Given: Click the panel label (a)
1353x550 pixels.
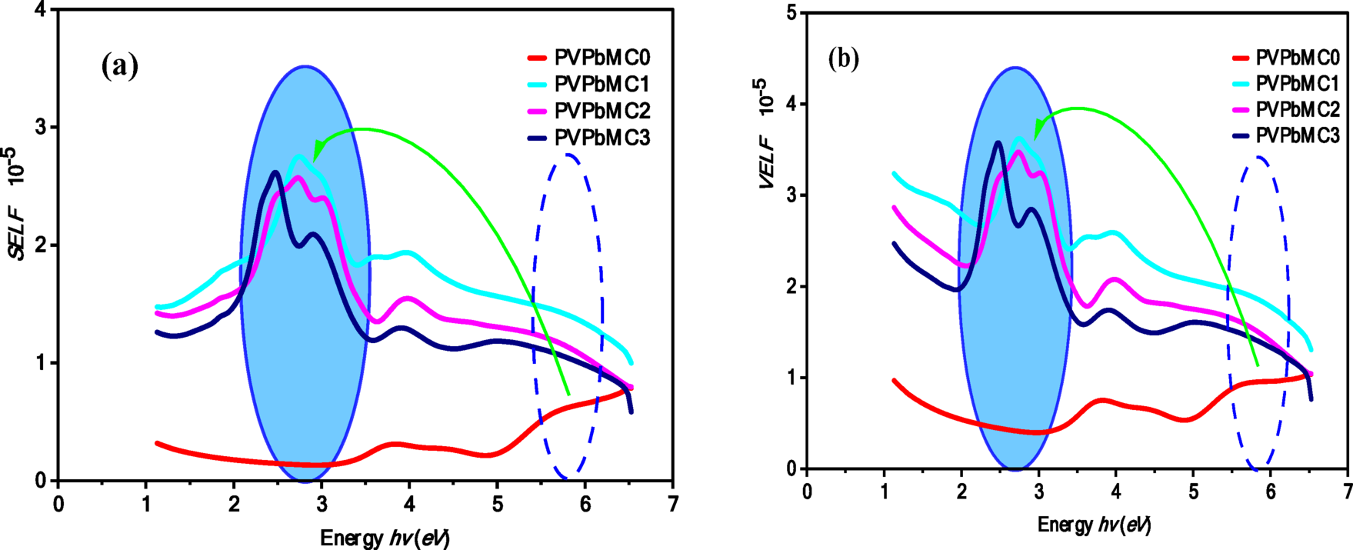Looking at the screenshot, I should coord(119,67).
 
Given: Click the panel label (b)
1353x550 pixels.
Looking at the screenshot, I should coord(844,59).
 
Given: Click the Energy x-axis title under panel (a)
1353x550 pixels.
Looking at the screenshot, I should coord(385,536).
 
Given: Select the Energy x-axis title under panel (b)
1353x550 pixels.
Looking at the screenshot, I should coord(1094,525).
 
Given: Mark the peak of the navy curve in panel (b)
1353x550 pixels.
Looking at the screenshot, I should coord(998,142).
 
